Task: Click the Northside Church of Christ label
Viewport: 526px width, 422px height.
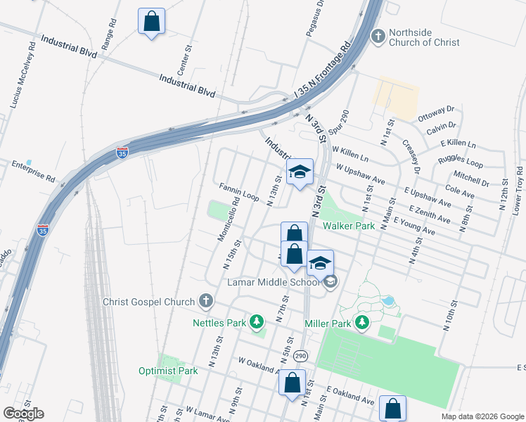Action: (x=424, y=37)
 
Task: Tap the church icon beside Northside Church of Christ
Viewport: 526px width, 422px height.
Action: (x=378, y=36)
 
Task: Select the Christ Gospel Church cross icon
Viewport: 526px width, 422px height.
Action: (x=206, y=302)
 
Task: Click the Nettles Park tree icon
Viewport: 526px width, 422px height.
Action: (x=257, y=323)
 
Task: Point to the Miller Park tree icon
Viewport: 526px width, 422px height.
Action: (x=362, y=323)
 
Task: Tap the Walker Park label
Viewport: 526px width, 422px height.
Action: (x=349, y=226)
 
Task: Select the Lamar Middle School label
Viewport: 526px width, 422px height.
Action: (x=273, y=283)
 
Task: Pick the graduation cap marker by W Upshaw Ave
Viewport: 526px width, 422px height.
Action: (x=300, y=172)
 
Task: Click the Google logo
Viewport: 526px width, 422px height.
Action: (x=23, y=413)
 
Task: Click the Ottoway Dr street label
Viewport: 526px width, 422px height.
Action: (x=436, y=112)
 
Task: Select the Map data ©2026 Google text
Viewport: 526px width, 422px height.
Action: (x=482, y=416)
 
